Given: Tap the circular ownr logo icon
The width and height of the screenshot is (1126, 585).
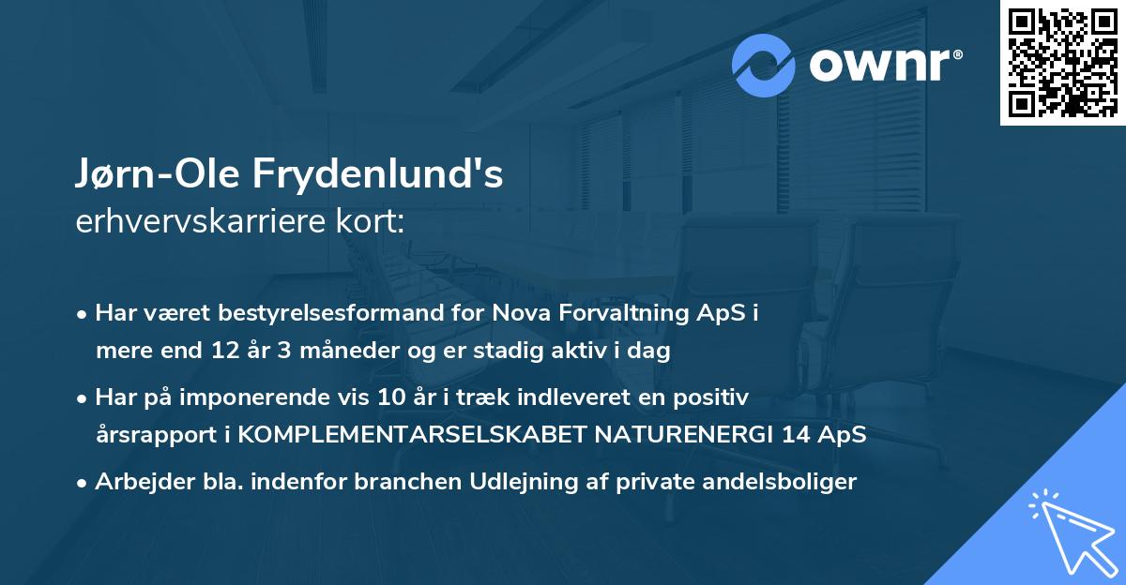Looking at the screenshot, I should pos(764,65).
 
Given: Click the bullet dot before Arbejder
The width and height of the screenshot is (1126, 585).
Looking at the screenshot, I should pos(84,482).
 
